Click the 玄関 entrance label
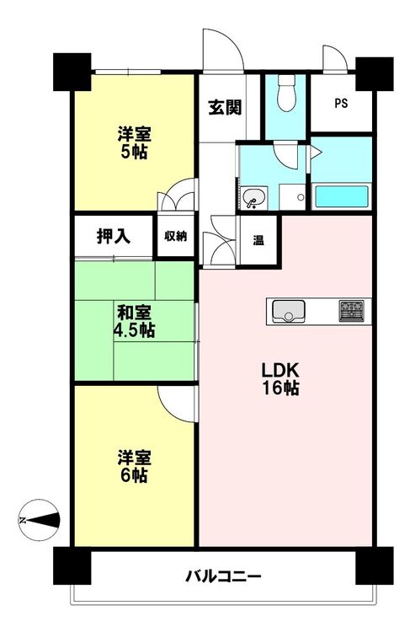coord(225,108)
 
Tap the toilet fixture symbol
coord(287,93)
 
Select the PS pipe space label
coord(341,104)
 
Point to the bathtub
coord(341,196)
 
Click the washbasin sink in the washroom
coord(253,198)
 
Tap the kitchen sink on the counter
coord(289,311)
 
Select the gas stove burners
coord(351,311)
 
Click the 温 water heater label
coord(258,241)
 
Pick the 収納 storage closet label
coord(176,236)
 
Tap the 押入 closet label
coord(114,236)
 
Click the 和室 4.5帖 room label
coord(134,321)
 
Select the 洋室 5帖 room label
coord(134,142)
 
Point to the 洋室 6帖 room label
coord(134,467)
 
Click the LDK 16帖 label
coord(280,379)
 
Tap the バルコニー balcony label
coord(223,576)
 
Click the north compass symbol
coord(40,520)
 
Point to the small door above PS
coord(335,59)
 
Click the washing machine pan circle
coord(301,197)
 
